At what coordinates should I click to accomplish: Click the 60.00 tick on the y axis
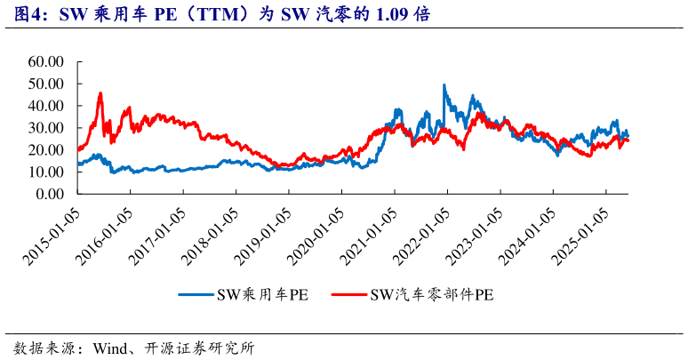[46, 62]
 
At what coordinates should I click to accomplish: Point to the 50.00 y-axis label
[46, 84]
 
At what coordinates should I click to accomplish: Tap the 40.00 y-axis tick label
[46, 106]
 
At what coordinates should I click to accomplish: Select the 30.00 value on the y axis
[46, 128]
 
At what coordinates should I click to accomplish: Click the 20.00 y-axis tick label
[46, 150]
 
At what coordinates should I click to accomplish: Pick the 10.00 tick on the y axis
[46, 172]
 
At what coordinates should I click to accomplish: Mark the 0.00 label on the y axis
[50, 194]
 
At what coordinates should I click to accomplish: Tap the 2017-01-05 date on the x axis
[159, 232]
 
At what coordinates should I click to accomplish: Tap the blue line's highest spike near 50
[444, 85]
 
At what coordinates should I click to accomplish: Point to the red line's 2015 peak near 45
[100, 93]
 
